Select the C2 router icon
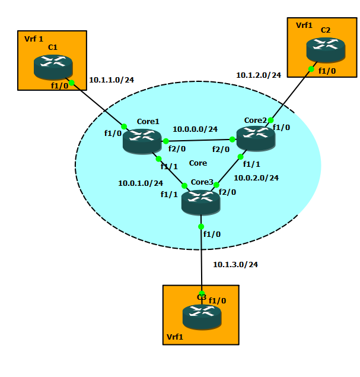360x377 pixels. (x=326, y=50)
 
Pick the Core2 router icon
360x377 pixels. (x=256, y=138)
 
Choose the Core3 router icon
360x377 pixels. (x=200, y=202)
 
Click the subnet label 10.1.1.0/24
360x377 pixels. (x=111, y=79)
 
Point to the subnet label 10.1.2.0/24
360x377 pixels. (x=259, y=75)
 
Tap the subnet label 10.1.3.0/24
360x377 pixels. (x=235, y=264)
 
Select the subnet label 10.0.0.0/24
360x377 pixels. (x=195, y=129)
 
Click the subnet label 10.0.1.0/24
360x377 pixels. (x=141, y=183)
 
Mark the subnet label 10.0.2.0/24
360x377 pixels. (x=256, y=177)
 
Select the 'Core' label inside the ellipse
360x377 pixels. (x=197, y=163)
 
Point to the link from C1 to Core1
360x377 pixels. (x=98, y=104)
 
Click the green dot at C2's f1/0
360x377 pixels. (x=311, y=69)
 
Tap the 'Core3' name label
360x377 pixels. (x=202, y=182)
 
